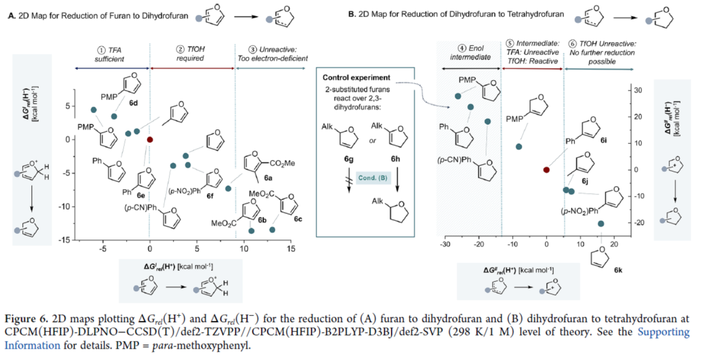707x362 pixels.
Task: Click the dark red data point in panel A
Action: pyautogui.click(x=149, y=140)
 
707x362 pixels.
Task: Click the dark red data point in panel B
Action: pyautogui.click(x=546, y=170)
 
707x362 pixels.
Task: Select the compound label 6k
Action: pyautogui.click(x=617, y=270)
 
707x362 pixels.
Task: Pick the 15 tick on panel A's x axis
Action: pyautogui.click(x=291, y=248)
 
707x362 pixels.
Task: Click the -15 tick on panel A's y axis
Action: pyautogui.click(x=67, y=240)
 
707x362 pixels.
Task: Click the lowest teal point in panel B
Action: pyautogui.click(x=601, y=223)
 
